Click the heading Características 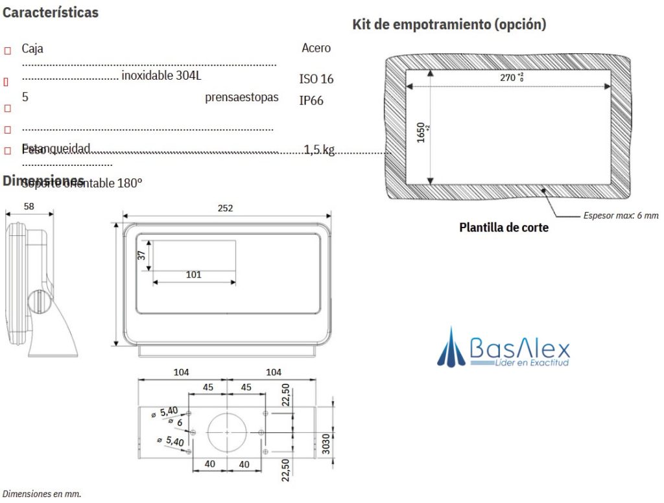[51, 13]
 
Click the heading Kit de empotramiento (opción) [449, 25]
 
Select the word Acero [316, 48]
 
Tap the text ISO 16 [316, 79]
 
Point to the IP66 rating [311, 100]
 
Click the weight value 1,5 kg [319, 150]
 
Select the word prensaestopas [241, 97]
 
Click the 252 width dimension [225, 208]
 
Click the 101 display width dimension [193, 274]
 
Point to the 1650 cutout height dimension [422, 132]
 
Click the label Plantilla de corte [503, 228]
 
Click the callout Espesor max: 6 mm [620, 215]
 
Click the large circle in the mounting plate [226, 431]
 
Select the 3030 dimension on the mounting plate [327, 449]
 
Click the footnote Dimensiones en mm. [41, 493]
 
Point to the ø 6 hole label [174, 421]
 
